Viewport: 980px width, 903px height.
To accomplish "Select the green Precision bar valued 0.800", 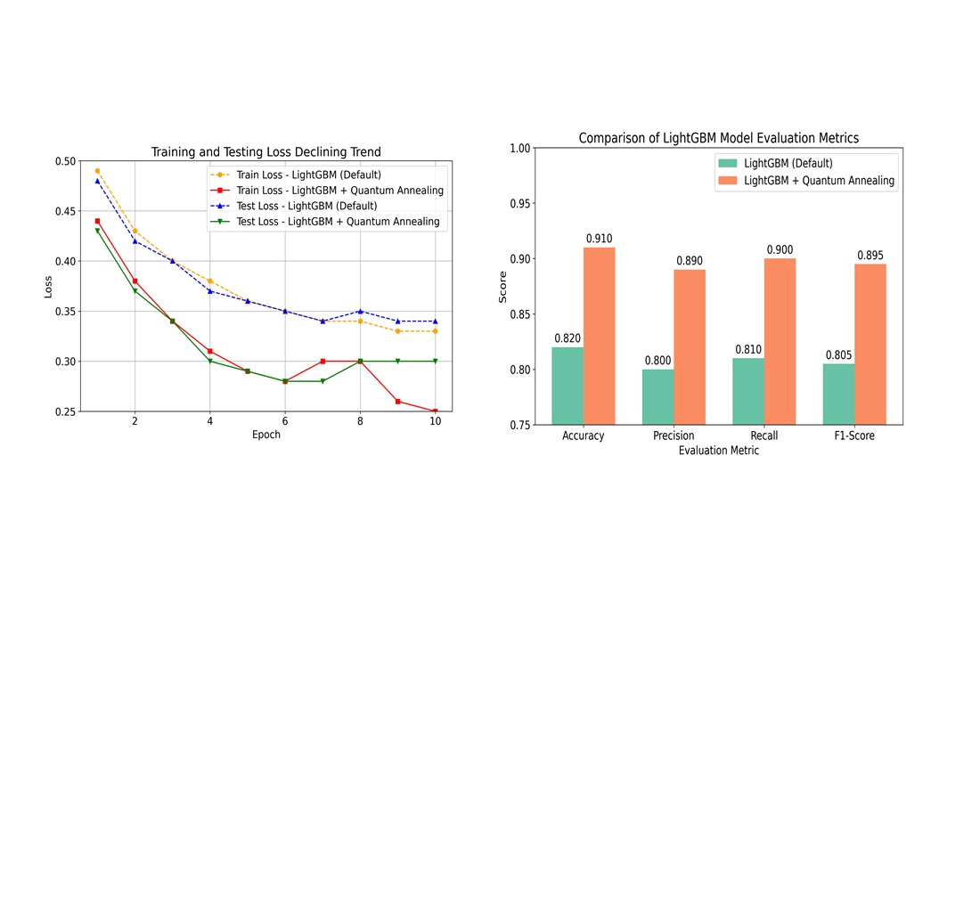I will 657,396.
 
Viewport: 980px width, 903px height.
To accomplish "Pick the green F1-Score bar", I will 838,394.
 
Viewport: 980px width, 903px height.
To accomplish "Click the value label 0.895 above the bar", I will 870,256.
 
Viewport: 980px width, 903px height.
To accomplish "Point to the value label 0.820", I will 568,338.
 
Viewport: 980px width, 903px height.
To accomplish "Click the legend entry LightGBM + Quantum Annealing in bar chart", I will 819,181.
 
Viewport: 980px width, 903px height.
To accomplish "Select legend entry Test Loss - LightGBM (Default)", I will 306,206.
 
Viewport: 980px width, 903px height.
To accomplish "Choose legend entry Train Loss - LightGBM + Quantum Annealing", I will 339,191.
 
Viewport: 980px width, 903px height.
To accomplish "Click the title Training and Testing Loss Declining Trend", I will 265,152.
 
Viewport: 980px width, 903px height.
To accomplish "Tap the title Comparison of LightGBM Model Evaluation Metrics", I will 718,138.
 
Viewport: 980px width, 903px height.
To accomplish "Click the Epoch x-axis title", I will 265,435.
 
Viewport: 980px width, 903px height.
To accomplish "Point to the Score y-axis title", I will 502,287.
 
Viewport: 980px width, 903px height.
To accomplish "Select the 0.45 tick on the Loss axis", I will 65,211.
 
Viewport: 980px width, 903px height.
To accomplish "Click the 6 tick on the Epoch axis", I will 285,421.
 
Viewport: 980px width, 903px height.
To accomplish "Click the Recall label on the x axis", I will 764,436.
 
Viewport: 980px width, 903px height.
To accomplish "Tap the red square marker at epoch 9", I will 397,402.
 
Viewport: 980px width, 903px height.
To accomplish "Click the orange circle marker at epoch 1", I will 97,171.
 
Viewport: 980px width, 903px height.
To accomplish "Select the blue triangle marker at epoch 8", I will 360,312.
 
